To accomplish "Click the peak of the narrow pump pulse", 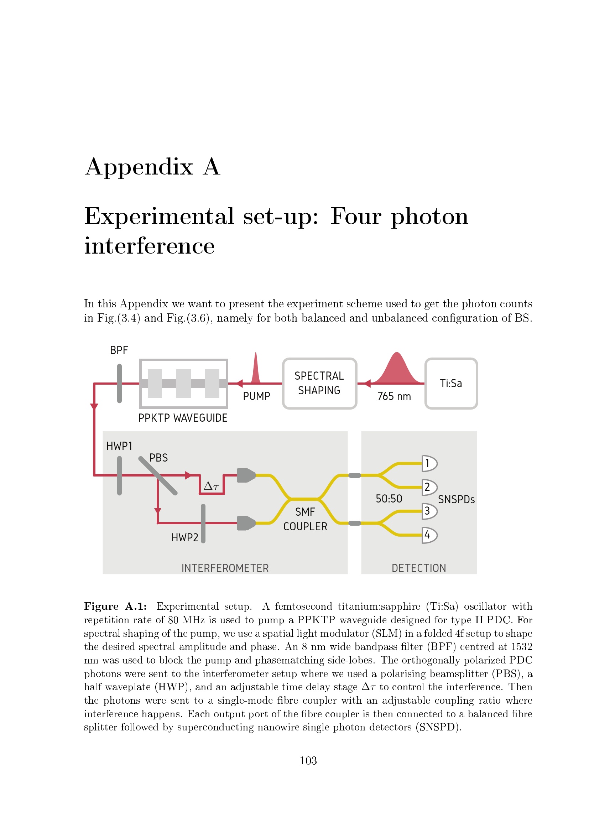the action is point(256,353).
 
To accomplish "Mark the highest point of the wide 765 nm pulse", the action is point(397,353).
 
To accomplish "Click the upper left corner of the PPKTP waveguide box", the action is point(140,360).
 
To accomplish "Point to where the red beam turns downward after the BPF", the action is point(94,384).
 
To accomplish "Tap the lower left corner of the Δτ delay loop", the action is point(200,493).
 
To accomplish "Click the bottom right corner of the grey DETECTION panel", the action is point(476,574).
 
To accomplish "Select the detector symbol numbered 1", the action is point(429,463).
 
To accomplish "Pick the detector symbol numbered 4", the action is point(429,535).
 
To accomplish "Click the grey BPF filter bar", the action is point(119,384).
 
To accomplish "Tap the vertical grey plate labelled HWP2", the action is point(203,524).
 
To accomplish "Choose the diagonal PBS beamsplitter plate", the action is point(158,476).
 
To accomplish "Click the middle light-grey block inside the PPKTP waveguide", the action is point(183,384).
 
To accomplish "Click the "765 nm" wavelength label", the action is point(394,396).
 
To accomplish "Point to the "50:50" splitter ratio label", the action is point(389,499).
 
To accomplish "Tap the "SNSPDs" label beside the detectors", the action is point(456,500).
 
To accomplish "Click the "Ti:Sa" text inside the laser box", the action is point(451,384).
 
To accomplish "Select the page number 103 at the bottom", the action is point(308,760).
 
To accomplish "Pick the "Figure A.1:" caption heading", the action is point(116,606).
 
